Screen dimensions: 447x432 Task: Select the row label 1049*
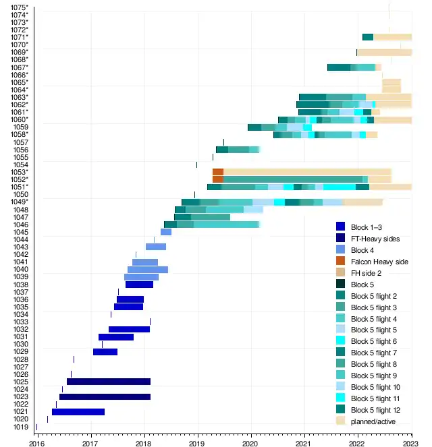click(20, 202)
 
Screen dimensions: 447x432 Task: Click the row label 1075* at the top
click(20, 7)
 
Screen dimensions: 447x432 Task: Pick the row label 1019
click(21, 427)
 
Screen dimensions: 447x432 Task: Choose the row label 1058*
click(20, 135)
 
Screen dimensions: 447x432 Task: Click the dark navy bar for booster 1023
click(105, 396)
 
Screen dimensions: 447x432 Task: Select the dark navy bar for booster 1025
click(108, 382)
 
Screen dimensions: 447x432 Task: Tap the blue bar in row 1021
click(78, 412)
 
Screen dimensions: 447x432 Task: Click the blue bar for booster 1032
click(129, 329)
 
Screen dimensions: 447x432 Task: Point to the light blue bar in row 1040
click(147, 270)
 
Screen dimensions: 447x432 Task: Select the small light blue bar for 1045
click(165, 232)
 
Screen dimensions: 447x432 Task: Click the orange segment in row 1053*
click(217, 172)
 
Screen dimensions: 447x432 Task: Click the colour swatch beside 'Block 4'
click(341, 249)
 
